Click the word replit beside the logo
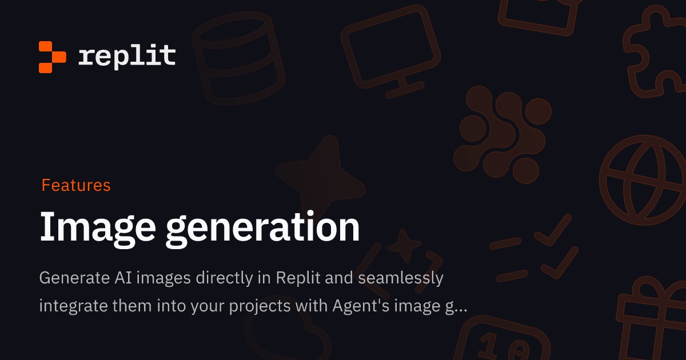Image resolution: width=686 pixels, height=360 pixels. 127,56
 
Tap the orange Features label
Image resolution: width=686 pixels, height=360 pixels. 76,185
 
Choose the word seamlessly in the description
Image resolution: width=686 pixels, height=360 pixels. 401,278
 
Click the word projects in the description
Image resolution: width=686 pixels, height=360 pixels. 261,306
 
